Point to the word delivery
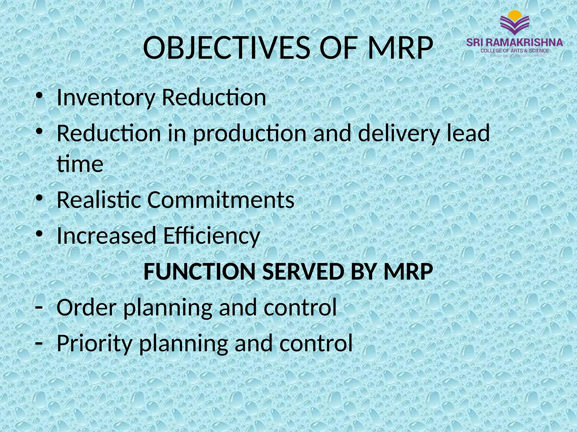(399, 133)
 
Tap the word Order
(86, 307)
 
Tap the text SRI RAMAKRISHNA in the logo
(514, 43)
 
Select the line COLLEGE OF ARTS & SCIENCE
(514, 51)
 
